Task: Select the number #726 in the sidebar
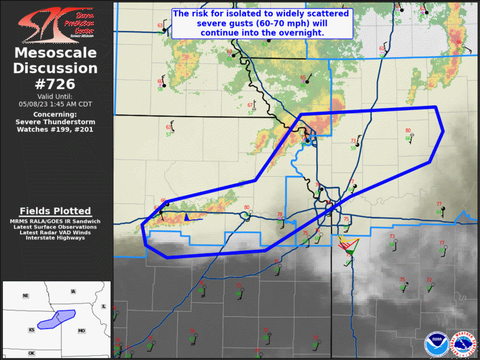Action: [55, 83]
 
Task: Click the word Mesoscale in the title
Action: [55, 54]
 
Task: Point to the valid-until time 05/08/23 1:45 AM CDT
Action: [55, 103]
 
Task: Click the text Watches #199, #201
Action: [55, 129]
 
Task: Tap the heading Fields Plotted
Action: [55, 211]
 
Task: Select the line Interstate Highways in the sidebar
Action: [55, 238]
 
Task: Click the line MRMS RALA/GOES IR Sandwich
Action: [55, 221]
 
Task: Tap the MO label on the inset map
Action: [81, 331]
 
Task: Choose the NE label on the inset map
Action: [26, 295]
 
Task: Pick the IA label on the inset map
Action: [72, 291]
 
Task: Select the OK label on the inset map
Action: [31, 353]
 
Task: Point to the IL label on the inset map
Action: [103, 306]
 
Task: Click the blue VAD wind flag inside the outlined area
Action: [187, 217]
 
